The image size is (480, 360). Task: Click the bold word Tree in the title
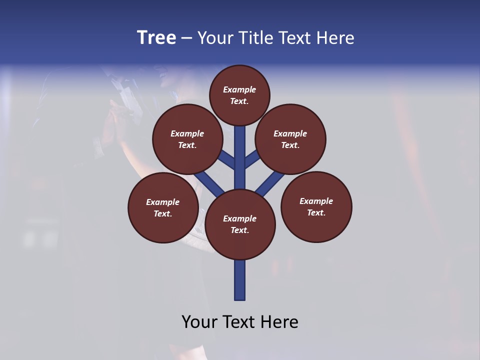[x=156, y=38]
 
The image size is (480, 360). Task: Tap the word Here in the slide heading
[x=334, y=38]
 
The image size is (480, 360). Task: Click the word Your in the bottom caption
[x=200, y=322]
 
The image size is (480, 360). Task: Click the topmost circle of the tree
[x=239, y=95]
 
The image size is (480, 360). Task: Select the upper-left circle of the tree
[x=187, y=139]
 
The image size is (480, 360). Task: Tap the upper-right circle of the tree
[x=290, y=139]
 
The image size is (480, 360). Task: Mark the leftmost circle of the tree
[x=163, y=207]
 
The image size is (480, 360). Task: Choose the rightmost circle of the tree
[x=316, y=206]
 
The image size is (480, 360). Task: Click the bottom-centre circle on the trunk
[x=240, y=224]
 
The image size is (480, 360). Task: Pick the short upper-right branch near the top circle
[x=252, y=160]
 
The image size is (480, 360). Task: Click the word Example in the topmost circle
[x=239, y=89]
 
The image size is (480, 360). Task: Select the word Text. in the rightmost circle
[x=316, y=212]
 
